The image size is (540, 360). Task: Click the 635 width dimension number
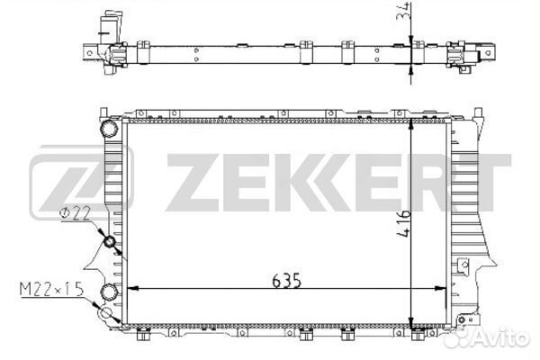pyautogui.click(x=286, y=281)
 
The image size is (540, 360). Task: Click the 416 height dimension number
pyautogui.click(x=403, y=223)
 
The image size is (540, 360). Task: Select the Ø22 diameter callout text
pyautogui.click(x=75, y=213)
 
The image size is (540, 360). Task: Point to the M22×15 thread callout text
pyautogui.click(x=51, y=289)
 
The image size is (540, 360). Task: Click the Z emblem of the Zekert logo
pyautogui.click(x=81, y=183)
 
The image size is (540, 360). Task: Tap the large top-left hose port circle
pyautogui.click(x=109, y=129)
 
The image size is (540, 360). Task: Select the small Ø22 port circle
pyautogui.click(x=109, y=242)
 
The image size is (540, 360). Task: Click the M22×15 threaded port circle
pyautogui.click(x=105, y=313)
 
